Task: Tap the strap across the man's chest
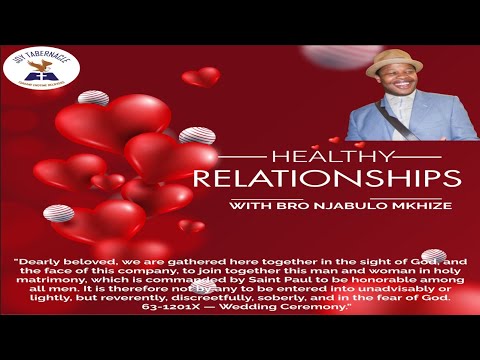tap(380, 121)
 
